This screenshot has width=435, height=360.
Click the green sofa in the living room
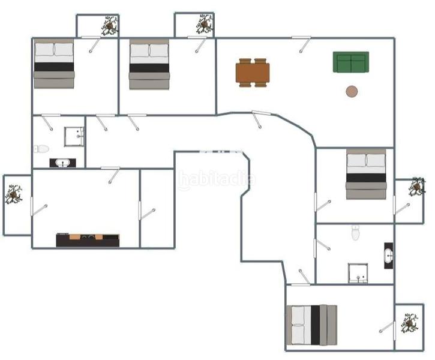[x=351, y=62]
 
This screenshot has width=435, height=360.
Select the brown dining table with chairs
[x=253, y=73]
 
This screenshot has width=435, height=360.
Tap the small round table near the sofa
[x=352, y=91]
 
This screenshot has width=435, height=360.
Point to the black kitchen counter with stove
[x=88, y=240]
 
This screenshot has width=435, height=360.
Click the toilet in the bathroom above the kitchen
[x=41, y=148]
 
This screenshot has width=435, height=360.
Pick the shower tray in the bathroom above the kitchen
[x=74, y=136]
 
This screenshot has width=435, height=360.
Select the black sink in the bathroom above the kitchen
[x=63, y=163]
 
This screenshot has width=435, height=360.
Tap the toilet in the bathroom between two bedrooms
[x=355, y=232]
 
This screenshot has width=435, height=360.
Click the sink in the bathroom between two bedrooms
[x=388, y=256]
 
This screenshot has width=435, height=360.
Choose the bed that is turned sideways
[x=311, y=325]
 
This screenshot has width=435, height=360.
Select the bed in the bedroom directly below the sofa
[x=366, y=174]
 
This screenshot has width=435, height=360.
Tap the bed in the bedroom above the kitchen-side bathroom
[x=54, y=64]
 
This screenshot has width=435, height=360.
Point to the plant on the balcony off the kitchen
[x=14, y=194]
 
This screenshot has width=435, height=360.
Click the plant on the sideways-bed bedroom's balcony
[x=410, y=323]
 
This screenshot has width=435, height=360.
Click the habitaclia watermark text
[x=216, y=179]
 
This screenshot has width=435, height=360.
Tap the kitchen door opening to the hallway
[x=112, y=174]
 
